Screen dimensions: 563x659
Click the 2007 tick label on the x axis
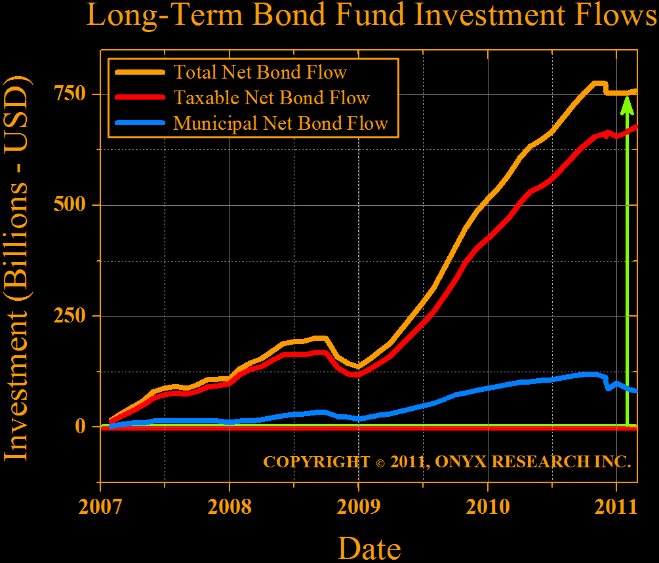pyautogui.click(x=100, y=508)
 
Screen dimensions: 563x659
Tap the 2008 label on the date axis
pyautogui.click(x=229, y=508)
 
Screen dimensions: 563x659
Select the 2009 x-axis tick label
pyautogui.click(x=358, y=508)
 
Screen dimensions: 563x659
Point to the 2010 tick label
pyautogui.click(x=487, y=508)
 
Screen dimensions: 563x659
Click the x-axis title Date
pyautogui.click(x=369, y=547)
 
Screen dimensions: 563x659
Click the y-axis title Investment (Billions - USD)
pyautogui.click(x=18, y=269)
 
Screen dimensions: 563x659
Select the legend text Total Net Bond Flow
pyautogui.click(x=260, y=71)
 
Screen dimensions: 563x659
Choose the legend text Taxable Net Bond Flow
pyautogui.click(x=271, y=98)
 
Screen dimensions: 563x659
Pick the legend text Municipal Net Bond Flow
pyautogui.click(x=281, y=123)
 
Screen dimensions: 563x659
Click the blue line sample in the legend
pyautogui.click(x=139, y=123)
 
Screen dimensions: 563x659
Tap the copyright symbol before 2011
pyautogui.click(x=380, y=462)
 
